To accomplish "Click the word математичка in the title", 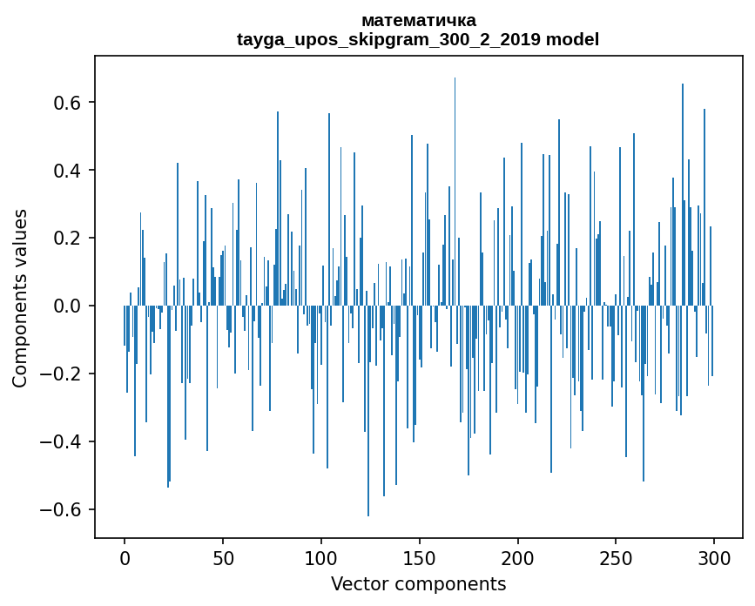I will [418, 20].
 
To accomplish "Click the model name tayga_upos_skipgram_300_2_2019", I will [389, 39].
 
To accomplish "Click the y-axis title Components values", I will [20, 298].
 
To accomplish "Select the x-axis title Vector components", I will [418, 583].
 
